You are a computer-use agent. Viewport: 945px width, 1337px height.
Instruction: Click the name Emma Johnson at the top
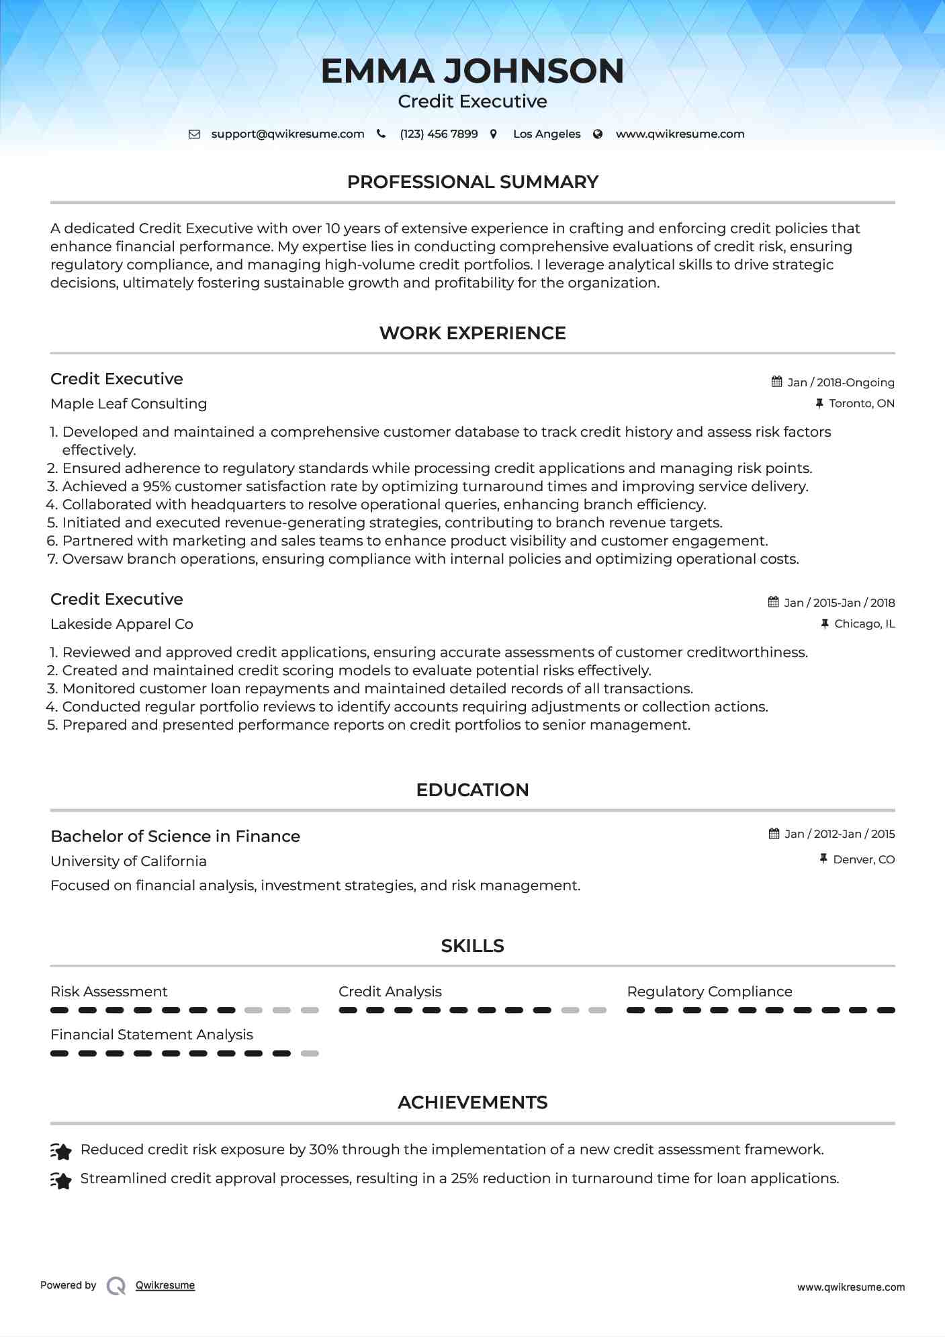[472, 71]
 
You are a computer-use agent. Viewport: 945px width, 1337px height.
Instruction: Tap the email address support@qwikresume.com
[287, 134]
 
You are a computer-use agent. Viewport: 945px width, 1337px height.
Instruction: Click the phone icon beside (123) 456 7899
[381, 134]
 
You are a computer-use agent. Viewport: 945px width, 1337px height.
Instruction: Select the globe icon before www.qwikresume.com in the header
[598, 134]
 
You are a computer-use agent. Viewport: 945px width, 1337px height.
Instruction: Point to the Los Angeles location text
[547, 134]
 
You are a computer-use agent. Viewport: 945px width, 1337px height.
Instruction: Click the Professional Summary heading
[472, 182]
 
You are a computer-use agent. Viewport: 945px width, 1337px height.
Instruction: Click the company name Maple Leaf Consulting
[128, 404]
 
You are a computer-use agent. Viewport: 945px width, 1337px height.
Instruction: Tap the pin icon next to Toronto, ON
[819, 403]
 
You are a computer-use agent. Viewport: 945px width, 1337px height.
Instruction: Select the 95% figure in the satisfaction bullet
[156, 486]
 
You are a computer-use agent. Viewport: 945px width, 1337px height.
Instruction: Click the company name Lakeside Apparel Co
[122, 624]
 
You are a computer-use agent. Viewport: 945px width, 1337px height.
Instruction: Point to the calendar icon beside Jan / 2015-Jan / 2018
[774, 602]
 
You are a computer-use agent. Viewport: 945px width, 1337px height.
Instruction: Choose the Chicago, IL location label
[864, 624]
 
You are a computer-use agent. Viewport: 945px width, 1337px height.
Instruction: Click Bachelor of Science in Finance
[175, 836]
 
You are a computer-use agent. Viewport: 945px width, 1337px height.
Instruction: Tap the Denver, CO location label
[864, 859]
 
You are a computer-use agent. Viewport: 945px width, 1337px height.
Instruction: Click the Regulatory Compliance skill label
[709, 992]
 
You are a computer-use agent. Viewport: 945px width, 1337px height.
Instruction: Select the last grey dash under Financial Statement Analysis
[310, 1053]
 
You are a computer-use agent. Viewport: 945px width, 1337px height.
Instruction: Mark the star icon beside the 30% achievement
[61, 1152]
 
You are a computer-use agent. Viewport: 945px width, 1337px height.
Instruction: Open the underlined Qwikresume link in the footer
[165, 1285]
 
